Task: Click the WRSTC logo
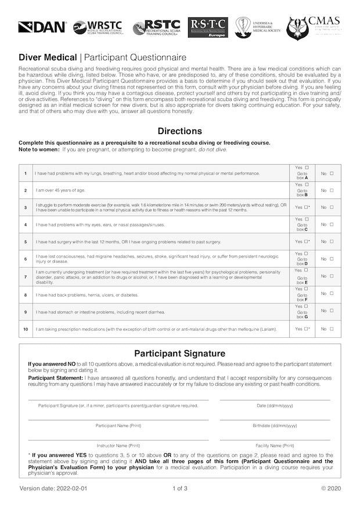coord(98,27)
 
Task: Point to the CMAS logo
coord(314,27)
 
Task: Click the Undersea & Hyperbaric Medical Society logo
coord(258,27)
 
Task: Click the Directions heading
coord(180,131)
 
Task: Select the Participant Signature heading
coord(180,353)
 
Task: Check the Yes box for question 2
coord(307,185)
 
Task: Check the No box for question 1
coord(332,173)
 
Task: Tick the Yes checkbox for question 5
coord(306,241)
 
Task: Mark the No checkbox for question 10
coord(332,329)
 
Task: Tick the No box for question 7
coord(332,276)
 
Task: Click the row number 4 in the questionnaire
coord(25,224)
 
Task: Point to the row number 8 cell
coord(25,295)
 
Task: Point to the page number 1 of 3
coord(180,488)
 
